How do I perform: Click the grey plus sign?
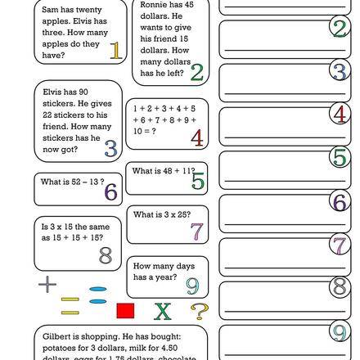point(48,285)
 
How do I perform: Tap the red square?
point(125,312)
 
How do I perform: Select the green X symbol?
point(163,312)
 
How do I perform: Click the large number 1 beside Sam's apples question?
point(115,52)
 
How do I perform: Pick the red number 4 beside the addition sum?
point(196,138)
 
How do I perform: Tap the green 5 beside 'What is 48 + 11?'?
point(197,182)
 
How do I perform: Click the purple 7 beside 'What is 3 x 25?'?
point(196,231)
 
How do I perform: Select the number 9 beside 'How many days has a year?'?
point(191,284)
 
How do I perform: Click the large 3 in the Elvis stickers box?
point(110,148)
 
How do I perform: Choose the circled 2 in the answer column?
point(340,27)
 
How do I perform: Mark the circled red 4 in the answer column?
point(340,114)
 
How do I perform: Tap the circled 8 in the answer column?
point(340,287)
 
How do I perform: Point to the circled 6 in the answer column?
point(340,200)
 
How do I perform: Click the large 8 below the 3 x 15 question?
point(105,254)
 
